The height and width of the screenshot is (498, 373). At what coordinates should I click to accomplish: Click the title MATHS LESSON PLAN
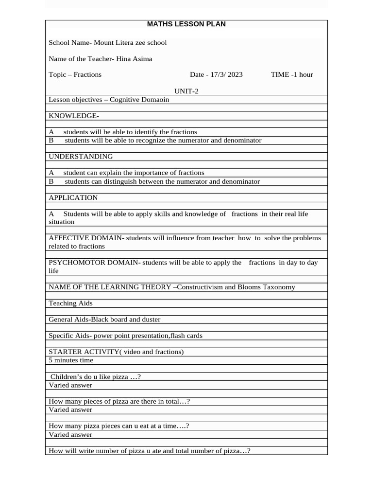[186, 24]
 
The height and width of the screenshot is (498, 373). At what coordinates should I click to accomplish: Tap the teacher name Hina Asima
[134, 59]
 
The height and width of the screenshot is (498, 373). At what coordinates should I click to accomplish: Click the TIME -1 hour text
[291, 74]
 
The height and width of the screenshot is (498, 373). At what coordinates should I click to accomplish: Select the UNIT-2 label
[186, 91]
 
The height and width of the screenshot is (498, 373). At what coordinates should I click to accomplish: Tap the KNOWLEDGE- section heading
[74, 116]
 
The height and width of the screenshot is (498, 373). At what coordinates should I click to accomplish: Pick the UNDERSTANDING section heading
[81, 157]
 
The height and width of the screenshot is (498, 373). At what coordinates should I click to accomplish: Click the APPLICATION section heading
[73, 197]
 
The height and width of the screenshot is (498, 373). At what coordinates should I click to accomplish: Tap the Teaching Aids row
[70, 303]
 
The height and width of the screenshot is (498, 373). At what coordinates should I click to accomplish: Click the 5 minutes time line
[71, 360]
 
